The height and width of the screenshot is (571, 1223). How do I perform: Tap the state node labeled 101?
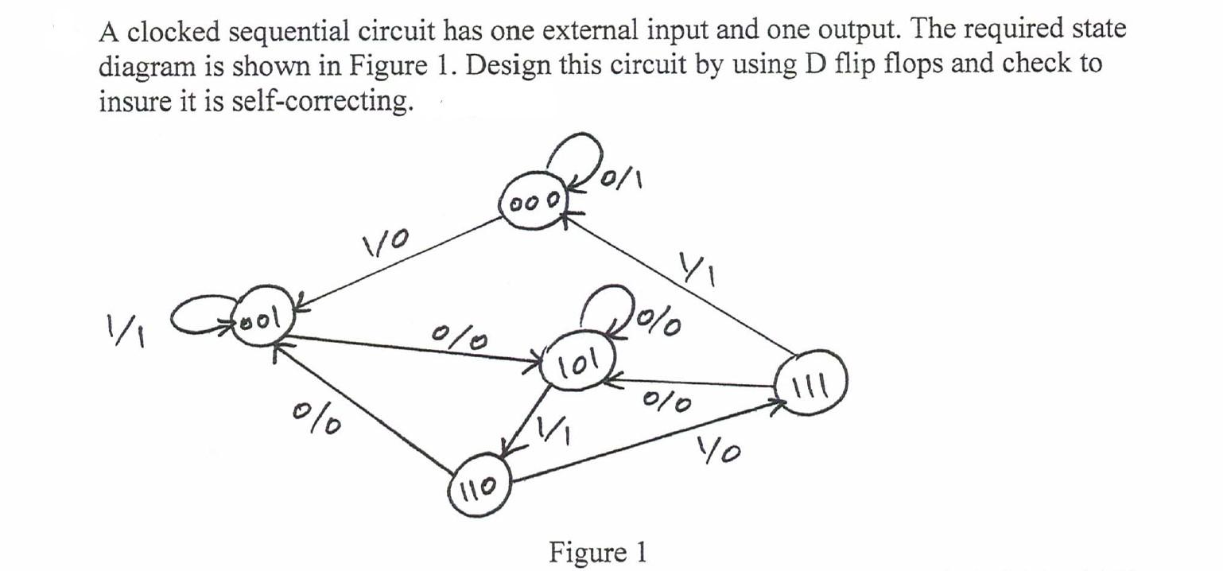(x=577, y=368)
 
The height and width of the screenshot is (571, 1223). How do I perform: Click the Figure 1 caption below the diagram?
(x=598, y=551)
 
